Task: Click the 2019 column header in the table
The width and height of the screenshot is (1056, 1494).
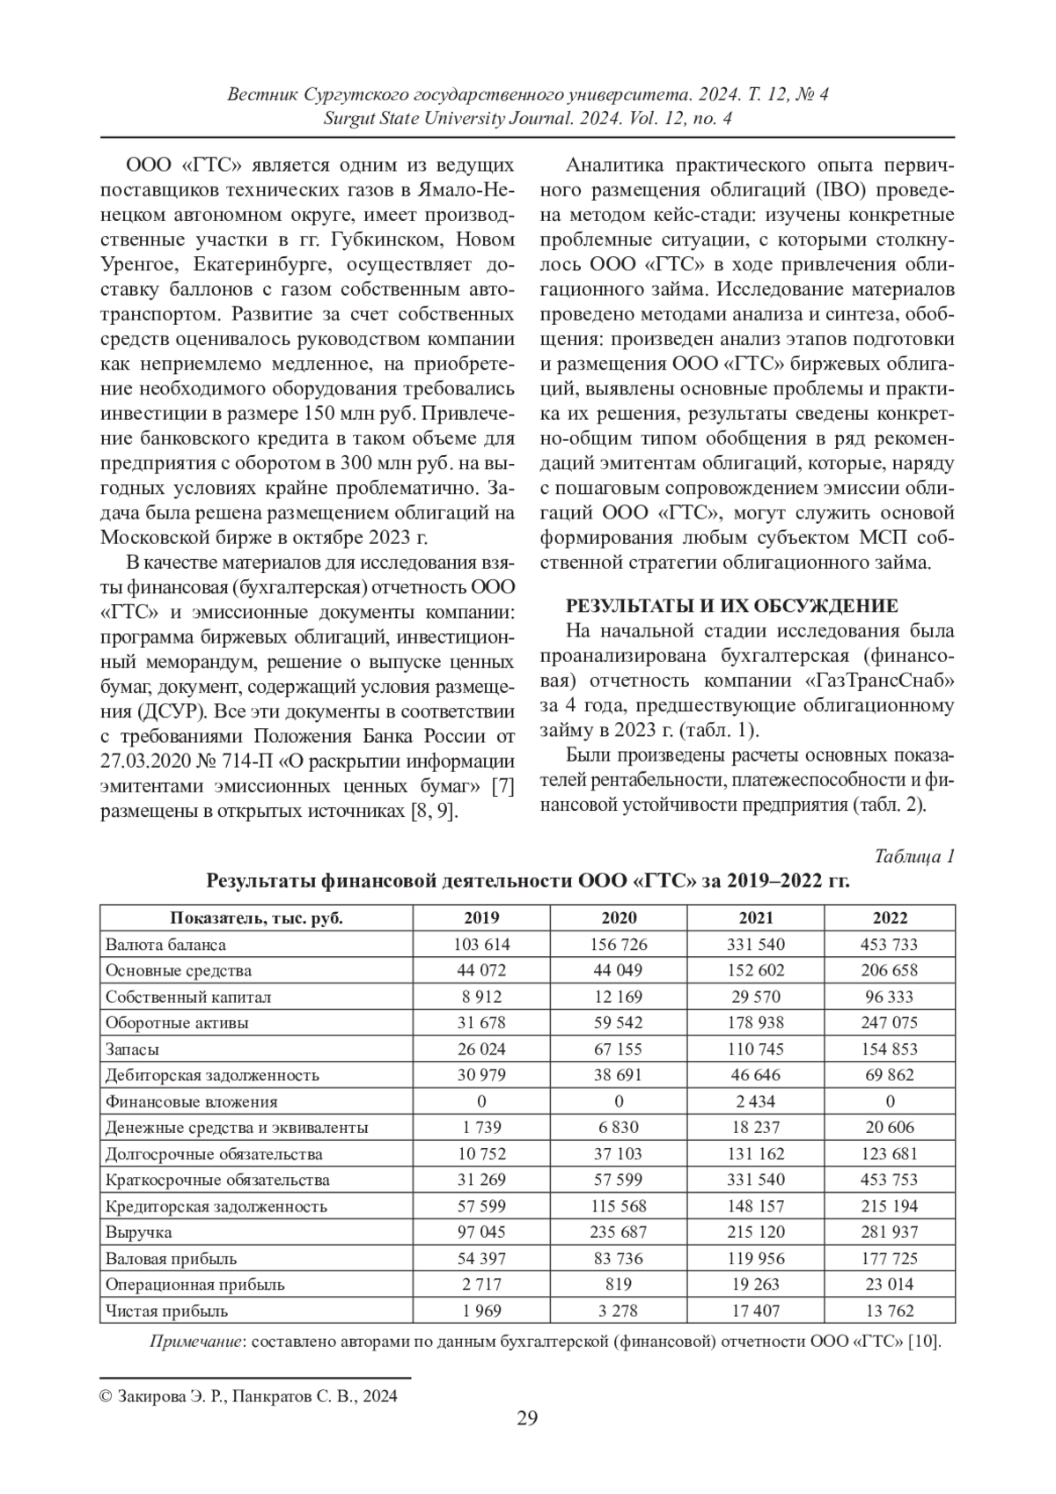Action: tap(481, 918)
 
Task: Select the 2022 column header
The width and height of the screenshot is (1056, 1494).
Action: tap(890, 918)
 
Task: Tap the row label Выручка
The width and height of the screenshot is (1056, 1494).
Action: tap(138, 1232)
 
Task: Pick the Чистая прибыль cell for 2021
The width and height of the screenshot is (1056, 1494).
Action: tap(756, 1310)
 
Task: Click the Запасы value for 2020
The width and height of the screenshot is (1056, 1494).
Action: tap(619, 1049)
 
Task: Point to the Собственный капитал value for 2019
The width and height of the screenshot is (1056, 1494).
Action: tap(481, 997)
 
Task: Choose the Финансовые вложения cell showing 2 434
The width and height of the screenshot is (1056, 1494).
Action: tap(756, 1101)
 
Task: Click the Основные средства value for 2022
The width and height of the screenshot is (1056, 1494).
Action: tap(890, 970)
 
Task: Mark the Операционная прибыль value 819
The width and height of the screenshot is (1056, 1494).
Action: tap(619, 1284)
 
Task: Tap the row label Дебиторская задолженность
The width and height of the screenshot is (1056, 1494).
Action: tap(212, 1075)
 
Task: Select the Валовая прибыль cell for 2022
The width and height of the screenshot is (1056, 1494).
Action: tap(890, 1258)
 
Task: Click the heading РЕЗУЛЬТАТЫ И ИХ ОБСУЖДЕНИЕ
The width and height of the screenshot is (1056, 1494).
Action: tap(730, 606)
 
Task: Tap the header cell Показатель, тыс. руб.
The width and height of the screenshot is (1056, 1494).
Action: tap(256, 918)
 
